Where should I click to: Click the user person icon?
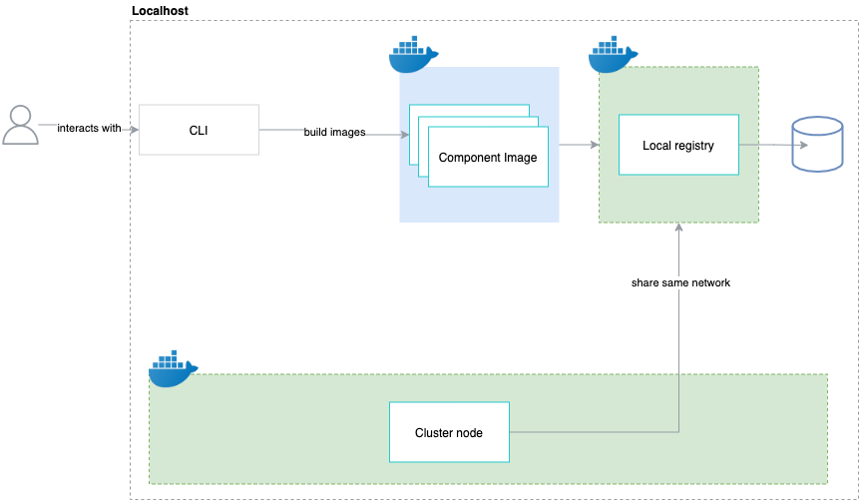tap(20, 126)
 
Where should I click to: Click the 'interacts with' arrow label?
tap(89, 128)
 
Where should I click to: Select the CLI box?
tap(199, 130)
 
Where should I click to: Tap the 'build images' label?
tap(334, 132)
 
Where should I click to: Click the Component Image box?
tap(488, 157)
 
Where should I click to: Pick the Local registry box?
tap(678, 146)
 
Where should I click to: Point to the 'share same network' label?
tap(680, 283)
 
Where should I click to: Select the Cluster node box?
tap(449, 432)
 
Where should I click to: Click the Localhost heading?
tap(160, 10)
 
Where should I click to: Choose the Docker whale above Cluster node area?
tap(173, 368)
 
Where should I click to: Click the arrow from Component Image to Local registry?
tap(578, 146)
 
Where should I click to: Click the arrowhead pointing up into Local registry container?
tap(678, 228)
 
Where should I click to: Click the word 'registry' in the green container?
tap(694, 146)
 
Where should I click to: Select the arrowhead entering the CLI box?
tap(132, 128)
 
